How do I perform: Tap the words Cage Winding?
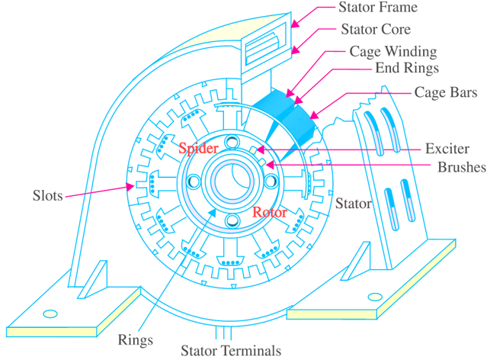392,52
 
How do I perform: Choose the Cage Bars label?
445,94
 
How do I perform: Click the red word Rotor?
269,212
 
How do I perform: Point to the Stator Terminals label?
230,351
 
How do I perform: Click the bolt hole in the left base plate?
50,312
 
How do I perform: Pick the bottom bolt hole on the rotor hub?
230,221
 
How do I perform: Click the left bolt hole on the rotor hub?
191,182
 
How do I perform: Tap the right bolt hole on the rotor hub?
271,182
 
